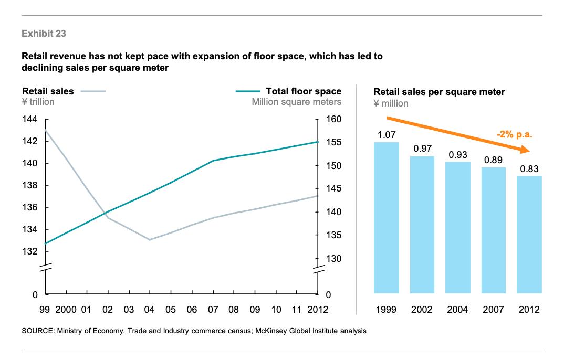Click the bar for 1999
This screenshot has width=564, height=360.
387,217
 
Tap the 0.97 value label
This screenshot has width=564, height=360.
422,149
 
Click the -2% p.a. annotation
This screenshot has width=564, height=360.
514,134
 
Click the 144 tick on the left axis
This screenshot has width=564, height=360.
30,120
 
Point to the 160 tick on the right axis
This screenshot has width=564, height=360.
333,120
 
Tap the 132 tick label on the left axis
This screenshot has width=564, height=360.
30,251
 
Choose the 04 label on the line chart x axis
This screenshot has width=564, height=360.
150,310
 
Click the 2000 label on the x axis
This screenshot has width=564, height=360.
66,310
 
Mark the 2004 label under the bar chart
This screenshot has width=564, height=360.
457,310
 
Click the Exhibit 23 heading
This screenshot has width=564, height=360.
44,34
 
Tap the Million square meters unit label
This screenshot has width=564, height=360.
296,102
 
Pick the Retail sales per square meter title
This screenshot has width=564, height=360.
439,92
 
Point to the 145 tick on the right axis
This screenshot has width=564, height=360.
333,189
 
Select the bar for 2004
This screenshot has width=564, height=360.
457,227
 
